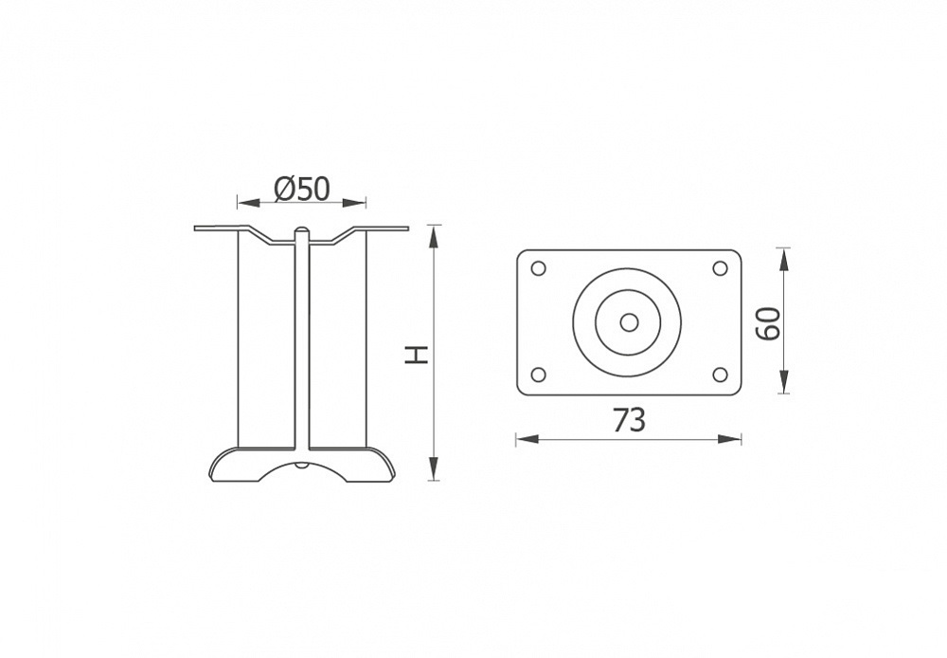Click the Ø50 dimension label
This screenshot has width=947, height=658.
302,189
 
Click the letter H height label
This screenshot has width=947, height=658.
417,356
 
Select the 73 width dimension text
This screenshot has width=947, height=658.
630,420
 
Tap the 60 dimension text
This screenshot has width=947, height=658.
768,323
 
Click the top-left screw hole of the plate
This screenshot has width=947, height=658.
538,268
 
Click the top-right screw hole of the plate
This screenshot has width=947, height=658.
720,268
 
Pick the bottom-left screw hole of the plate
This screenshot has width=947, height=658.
538,375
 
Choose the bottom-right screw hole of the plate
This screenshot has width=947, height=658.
720,375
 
